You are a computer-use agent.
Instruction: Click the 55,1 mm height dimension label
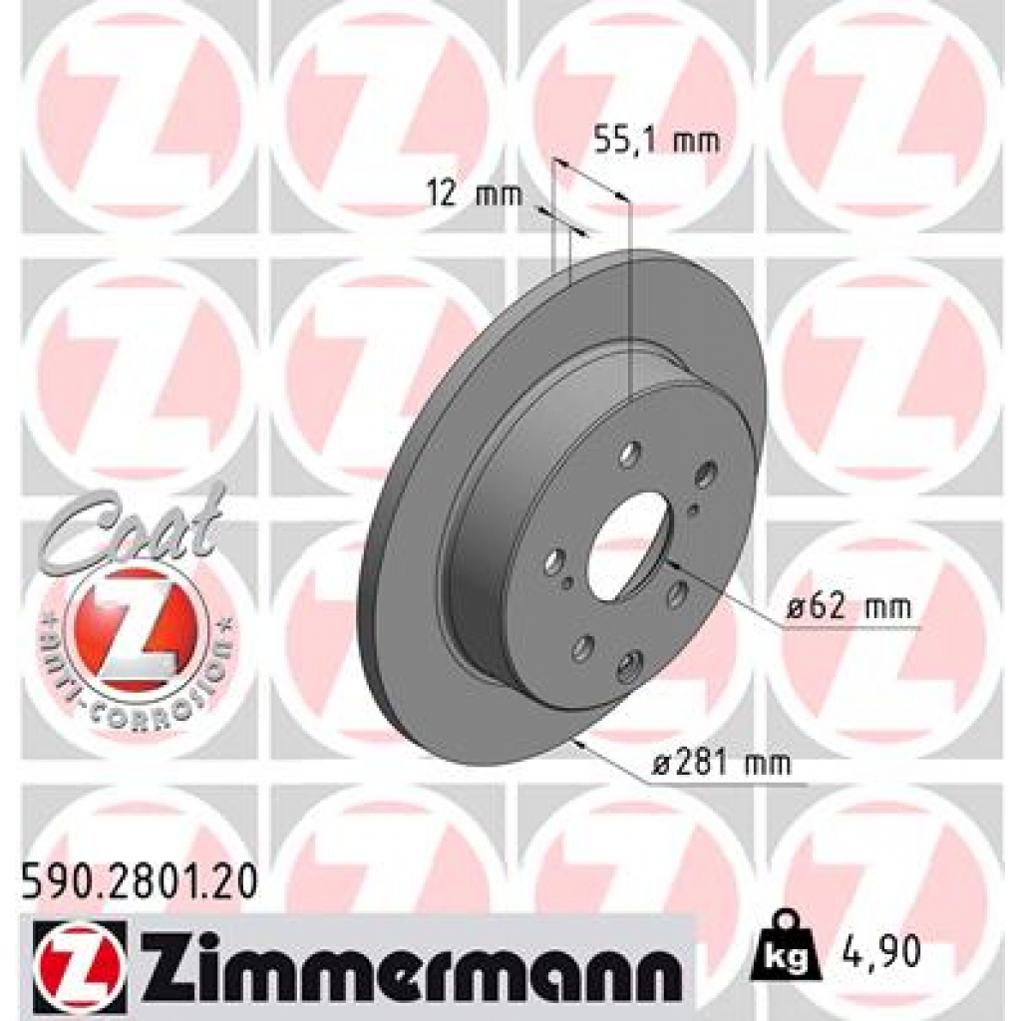point(656,141)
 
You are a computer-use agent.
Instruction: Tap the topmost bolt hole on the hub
point(628,457)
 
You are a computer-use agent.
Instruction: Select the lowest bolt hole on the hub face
point(627,667)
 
